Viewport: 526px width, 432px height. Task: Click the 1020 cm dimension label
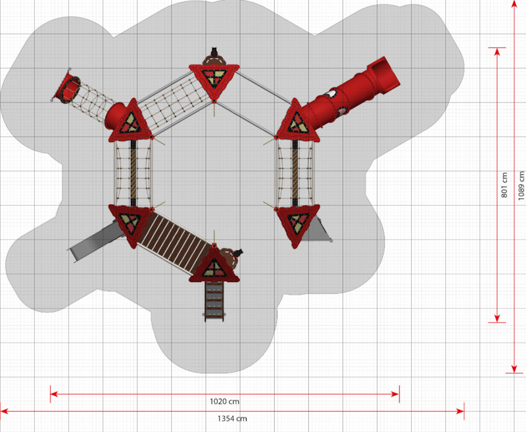224,401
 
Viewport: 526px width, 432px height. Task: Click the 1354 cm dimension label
232,418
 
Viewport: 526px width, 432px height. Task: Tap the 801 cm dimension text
504,185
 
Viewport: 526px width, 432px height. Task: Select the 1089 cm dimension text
521,185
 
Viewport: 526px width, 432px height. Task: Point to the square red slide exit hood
384,75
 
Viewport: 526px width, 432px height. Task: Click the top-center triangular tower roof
214,80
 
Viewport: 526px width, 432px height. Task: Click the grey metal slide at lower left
95,241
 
